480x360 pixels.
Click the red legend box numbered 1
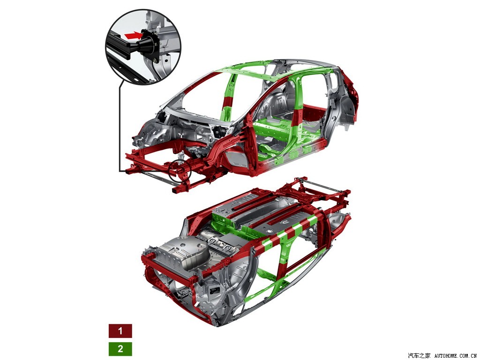click(x=120, y=330)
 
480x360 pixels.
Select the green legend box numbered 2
click(x=120, y=349)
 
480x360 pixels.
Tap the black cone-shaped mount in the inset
click(x=146, y=45)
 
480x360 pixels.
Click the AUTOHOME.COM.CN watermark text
click(x=456, y=356)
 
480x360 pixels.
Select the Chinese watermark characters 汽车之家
click(x=419, y=356)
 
